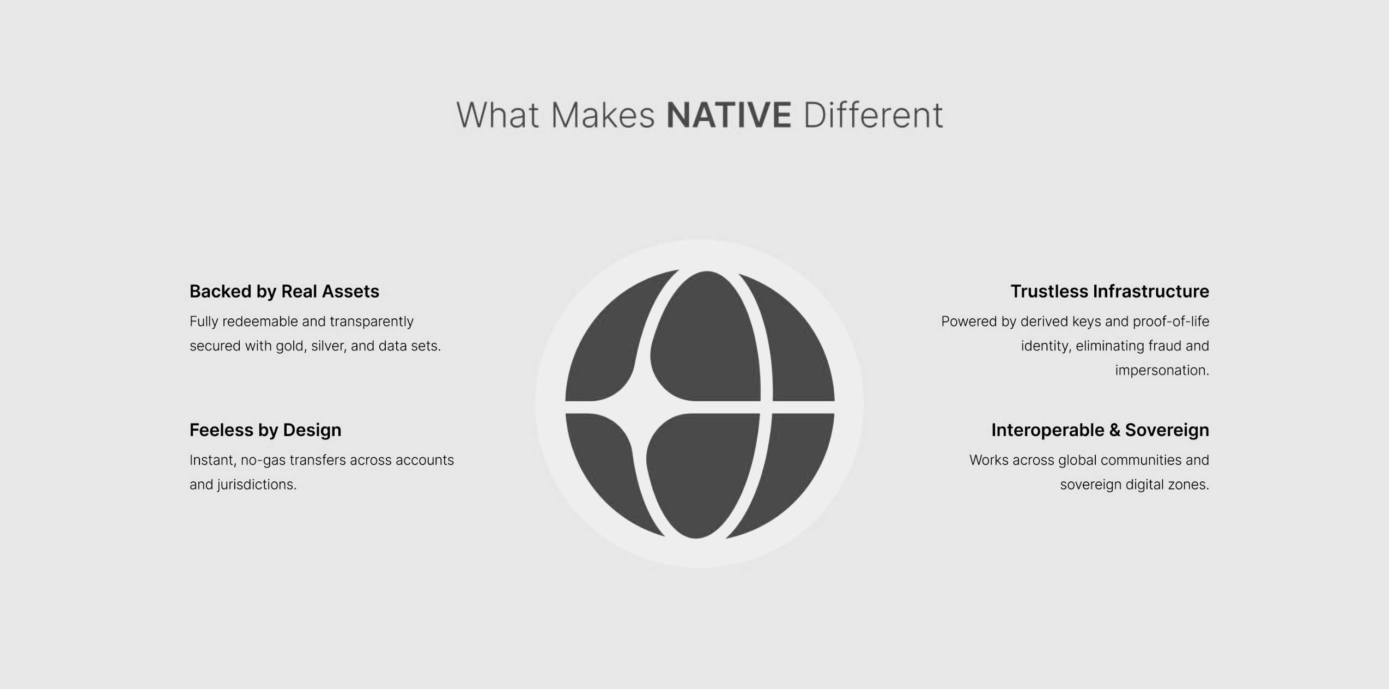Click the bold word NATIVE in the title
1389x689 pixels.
click(x=729, y=115)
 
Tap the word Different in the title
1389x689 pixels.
click(x=873, y=115)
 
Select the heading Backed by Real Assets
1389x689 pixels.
click(x=284, y=292)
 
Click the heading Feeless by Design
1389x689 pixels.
click(x=265, y=430)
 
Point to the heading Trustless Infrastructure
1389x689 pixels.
click(x=1109, y=292)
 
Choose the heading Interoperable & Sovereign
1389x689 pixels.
click(x=1100, y=430)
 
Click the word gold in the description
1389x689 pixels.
click(x=290, y=346)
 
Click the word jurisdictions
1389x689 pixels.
click(x=257, y=485)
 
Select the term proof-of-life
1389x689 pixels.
click(x=1171, y=322)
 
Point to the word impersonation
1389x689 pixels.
click(x=1162, y=371)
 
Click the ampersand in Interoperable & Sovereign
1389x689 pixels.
click(x=1115, y=430)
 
